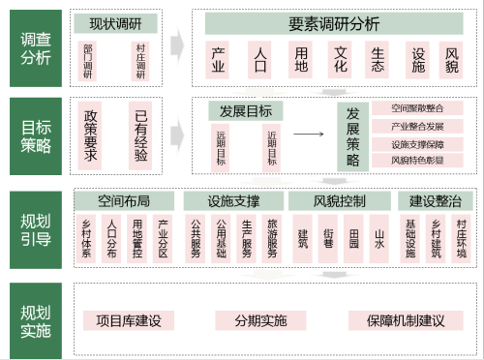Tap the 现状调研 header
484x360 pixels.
click(x=116, y=24)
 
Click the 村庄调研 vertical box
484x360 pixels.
click(x=141, y=61)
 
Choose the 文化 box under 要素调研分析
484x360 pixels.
click(x=340, y=59)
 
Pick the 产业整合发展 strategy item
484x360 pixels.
click(x=417, y=127)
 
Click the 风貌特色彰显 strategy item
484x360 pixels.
click(x=417, y=160)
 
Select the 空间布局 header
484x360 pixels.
click(x=124, y=201)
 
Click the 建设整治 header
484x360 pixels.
click(x=435, y=201)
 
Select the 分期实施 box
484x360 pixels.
click(x=260, y=320)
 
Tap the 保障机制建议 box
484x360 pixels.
click(x=405, y=320)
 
